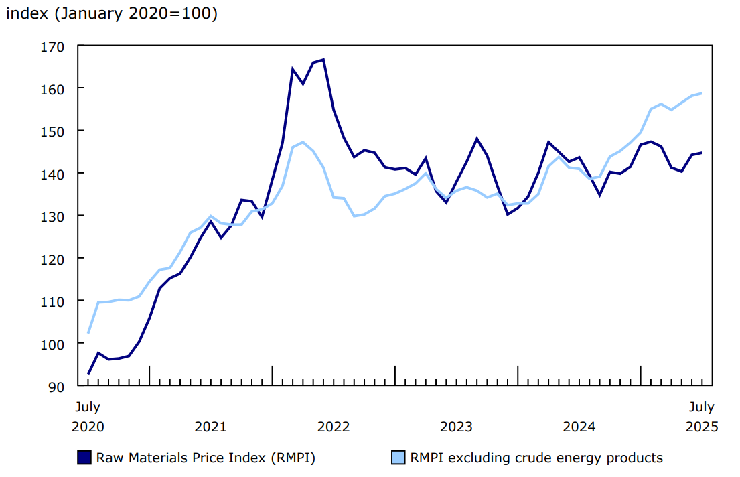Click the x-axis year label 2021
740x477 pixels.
pos(210,427)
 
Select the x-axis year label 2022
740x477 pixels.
pos(334,427)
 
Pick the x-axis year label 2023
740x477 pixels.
pos(457,427)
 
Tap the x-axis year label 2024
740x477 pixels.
pos(579,427)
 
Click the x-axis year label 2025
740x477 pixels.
pos(701,427)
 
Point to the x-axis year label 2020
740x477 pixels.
pos(88,427)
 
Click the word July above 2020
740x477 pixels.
pos(88,407)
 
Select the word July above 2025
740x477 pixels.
pos(701,407)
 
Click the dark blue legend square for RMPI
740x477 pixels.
pos(84,458)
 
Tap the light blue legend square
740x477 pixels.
pos(398,458)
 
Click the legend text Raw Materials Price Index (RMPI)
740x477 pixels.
pos(206,458)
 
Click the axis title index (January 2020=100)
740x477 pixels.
pos(112,14)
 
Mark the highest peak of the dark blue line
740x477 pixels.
pos(323,60)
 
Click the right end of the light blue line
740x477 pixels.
pos(701,93)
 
